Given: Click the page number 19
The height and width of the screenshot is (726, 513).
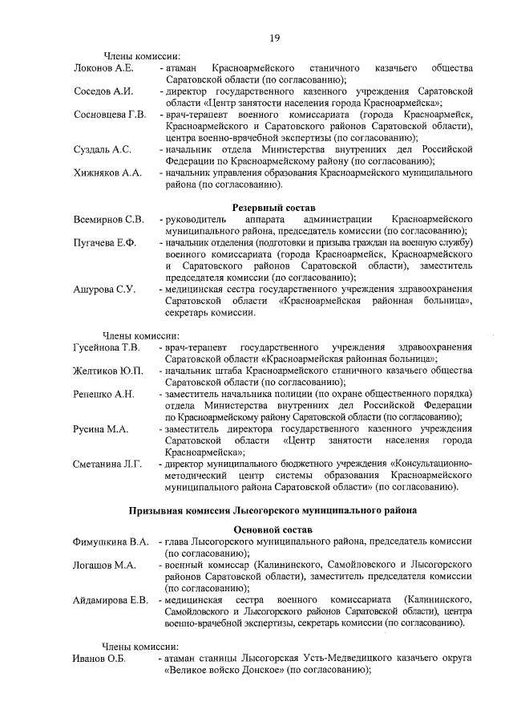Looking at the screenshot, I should coord(274,38).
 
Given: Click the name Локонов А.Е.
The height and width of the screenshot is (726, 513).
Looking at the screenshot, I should coord(103,67).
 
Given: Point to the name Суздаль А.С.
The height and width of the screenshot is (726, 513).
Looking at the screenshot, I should coord(103,149).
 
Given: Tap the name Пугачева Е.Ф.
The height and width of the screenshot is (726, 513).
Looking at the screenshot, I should coord(105,242).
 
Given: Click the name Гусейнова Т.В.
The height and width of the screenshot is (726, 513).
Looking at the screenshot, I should coord(107,347).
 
